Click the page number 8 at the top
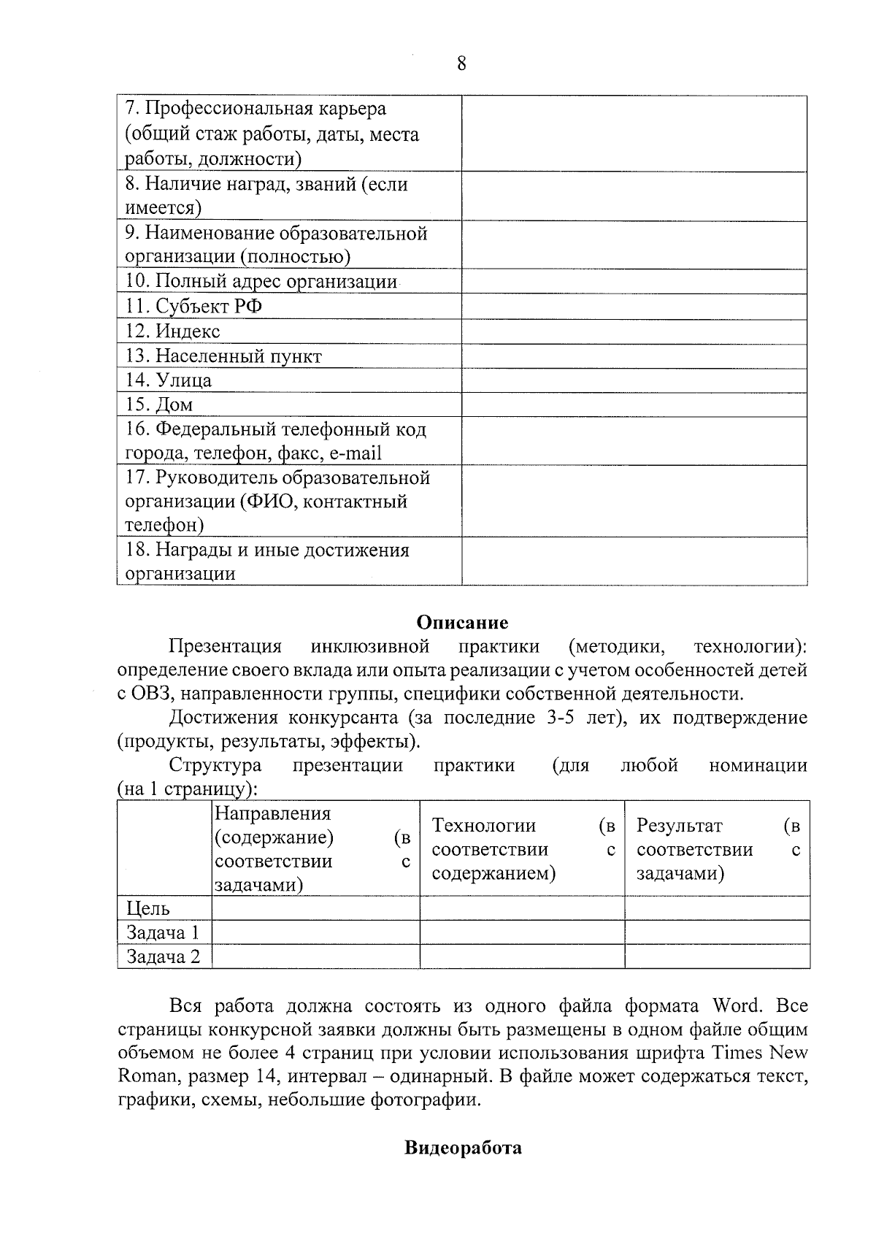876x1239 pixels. tap(461, 64)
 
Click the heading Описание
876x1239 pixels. tap(462, 622)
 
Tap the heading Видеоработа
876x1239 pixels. tap(463, 1148)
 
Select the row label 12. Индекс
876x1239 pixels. tap(172, 331)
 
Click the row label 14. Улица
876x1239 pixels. tap(169, 380)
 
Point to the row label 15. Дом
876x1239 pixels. tap(159, 404)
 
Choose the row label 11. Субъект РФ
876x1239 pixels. tap(193, 307)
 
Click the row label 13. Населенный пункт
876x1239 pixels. tap(223, 356)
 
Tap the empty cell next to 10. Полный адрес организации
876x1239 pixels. tap(634, 282)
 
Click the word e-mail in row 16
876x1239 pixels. tap(356, 453)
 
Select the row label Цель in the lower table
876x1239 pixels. tap(148, 908)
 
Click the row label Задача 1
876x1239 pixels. tap(163, 932)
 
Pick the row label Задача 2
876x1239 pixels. tap(163, 956)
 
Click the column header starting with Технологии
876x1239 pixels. tap(521, 849)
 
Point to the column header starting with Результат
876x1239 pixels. tap(717, 849)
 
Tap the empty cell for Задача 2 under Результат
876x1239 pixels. tap(717, 956)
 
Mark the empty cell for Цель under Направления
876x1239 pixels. tap(315, 908)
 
